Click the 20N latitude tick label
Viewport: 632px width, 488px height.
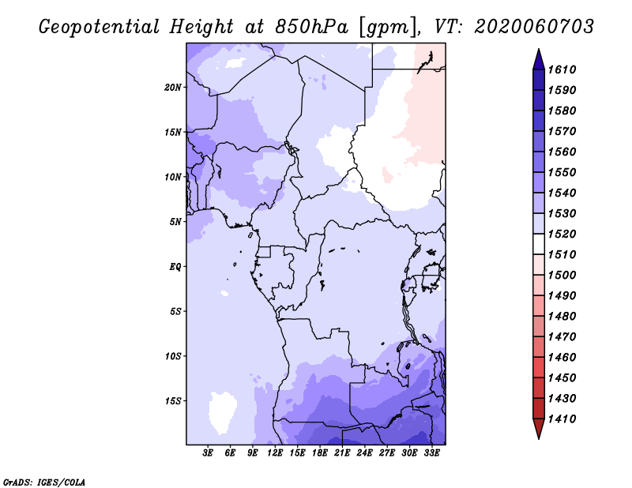pos(173,88)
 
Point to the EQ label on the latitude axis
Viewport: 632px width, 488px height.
pos(175,267)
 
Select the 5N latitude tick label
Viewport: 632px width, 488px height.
pos(175,222)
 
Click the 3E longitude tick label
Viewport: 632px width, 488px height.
pos(208,452)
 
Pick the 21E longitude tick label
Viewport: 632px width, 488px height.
pos(342,452)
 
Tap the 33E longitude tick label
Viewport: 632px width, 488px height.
pos(431,452)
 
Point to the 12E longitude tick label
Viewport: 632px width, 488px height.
pos(275,452)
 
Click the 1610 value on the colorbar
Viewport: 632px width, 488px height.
pos(562,69)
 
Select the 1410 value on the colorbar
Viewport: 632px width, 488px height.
pos(562,419)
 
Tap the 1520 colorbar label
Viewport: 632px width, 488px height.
pos(562,234)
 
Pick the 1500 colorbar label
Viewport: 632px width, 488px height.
pos(562,276)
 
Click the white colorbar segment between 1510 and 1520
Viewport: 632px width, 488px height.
pos(539,244)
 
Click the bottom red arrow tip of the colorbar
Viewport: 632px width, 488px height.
pos(539,438)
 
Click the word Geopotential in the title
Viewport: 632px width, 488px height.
pos(100,27)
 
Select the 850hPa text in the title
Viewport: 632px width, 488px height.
pos(311,27)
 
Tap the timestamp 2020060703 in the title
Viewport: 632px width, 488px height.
pos(534,27)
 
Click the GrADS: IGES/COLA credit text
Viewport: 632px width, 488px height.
pos(44,482)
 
